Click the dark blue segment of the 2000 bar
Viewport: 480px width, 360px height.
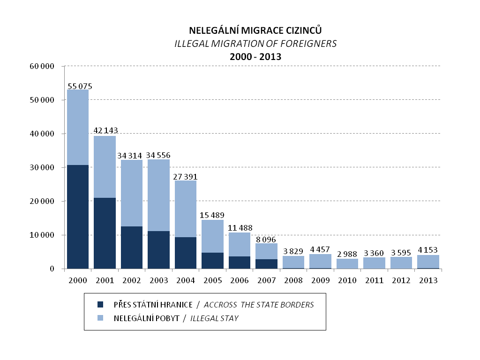[x=78, y=217]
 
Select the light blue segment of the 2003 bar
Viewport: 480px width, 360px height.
[x=158, y=195]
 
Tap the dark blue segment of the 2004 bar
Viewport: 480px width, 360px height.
[x=185, y=253]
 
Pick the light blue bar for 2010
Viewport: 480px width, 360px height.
[x=347, y=263]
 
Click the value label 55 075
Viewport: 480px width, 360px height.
[x=80, y=86]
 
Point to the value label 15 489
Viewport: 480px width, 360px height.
[x=212, y=215]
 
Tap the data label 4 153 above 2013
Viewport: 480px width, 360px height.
[x=428, y=250]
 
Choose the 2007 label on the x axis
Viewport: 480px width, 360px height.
[x=266, y=280]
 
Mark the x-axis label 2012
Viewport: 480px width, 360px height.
[x=401, y=280]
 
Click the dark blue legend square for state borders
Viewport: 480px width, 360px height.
[x=99, y=305]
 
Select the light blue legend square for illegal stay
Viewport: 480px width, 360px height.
[x=99, y=318]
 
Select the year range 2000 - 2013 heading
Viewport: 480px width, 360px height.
[x=255, y=57]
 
